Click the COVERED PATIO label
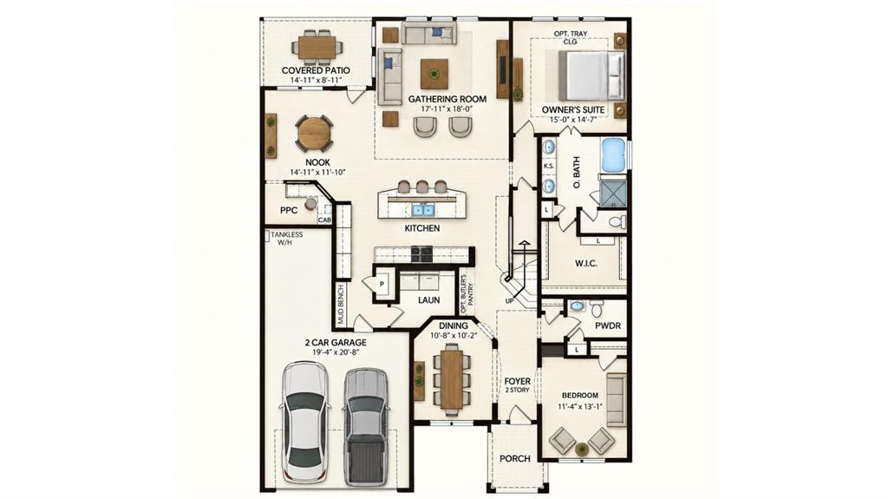(x=316, y=70)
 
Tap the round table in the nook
(x=314, y=134)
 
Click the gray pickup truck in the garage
(x=366, y=426)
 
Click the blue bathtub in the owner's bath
(x=613, y=154)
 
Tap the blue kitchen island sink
(x=422, y=210)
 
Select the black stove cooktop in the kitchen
(x=422, y=254)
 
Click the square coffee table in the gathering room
(x=434, y=74)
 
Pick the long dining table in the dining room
(x=451, y=380)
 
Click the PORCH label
(x=515, y=458)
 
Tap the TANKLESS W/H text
(x=286, y=238)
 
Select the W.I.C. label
(x=585, y=264)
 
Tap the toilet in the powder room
(x=596, y=308)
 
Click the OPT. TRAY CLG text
(x=571, y=37)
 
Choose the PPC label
(x=289, y=210)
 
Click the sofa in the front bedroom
(x=617, y=400)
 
